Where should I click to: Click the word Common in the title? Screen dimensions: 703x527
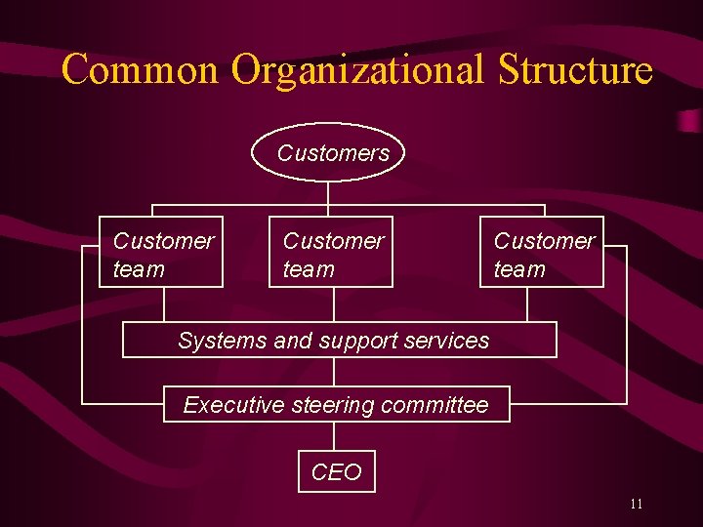141,70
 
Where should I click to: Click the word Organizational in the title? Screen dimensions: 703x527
357,70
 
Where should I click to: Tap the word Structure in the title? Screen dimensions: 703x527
575,70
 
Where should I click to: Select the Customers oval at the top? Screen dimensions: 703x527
328,153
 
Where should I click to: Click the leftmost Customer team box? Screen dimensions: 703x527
161,252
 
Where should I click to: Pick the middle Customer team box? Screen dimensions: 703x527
331,252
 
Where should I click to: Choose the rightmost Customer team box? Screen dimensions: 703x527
542,252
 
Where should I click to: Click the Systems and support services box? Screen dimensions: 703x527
338,341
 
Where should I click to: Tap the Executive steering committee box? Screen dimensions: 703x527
336,404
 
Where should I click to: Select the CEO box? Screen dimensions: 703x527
336,472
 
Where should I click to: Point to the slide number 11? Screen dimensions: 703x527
636,505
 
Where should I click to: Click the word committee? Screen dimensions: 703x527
434,404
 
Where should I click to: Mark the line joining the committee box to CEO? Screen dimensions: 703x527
335,436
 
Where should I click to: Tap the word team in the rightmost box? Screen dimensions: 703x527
519,268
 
